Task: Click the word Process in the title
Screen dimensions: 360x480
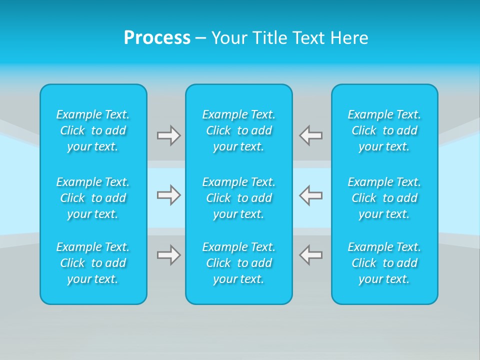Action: (x=157, y=38)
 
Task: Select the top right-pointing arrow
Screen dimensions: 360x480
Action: (x=168, y=135)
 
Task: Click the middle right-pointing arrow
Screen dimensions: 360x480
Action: (x=168, y=194)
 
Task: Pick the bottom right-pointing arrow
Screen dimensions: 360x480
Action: (x=168, y=255)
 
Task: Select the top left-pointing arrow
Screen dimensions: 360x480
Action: (x=311, y=135)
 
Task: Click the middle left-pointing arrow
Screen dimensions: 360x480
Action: (x=311, y=194)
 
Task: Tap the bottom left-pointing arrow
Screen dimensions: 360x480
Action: (x=311, y=255)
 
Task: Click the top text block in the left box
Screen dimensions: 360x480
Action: (x=93, y=130)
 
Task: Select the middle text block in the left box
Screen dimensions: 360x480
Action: (x=93, y=198)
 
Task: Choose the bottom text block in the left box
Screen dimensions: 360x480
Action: (x=93, y=263)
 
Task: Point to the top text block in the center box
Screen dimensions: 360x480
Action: (x=239, y=130)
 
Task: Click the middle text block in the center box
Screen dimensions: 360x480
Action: (x=239, y=198)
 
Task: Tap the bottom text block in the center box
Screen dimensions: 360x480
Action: (x=239, y=263)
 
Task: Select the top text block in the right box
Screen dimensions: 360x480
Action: (x=384, y=130)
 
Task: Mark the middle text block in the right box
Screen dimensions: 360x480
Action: (x=384, y=198)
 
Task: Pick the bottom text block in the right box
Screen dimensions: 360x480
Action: (x=384, y=263)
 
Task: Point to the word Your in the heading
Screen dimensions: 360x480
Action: (x=229, y=38)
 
